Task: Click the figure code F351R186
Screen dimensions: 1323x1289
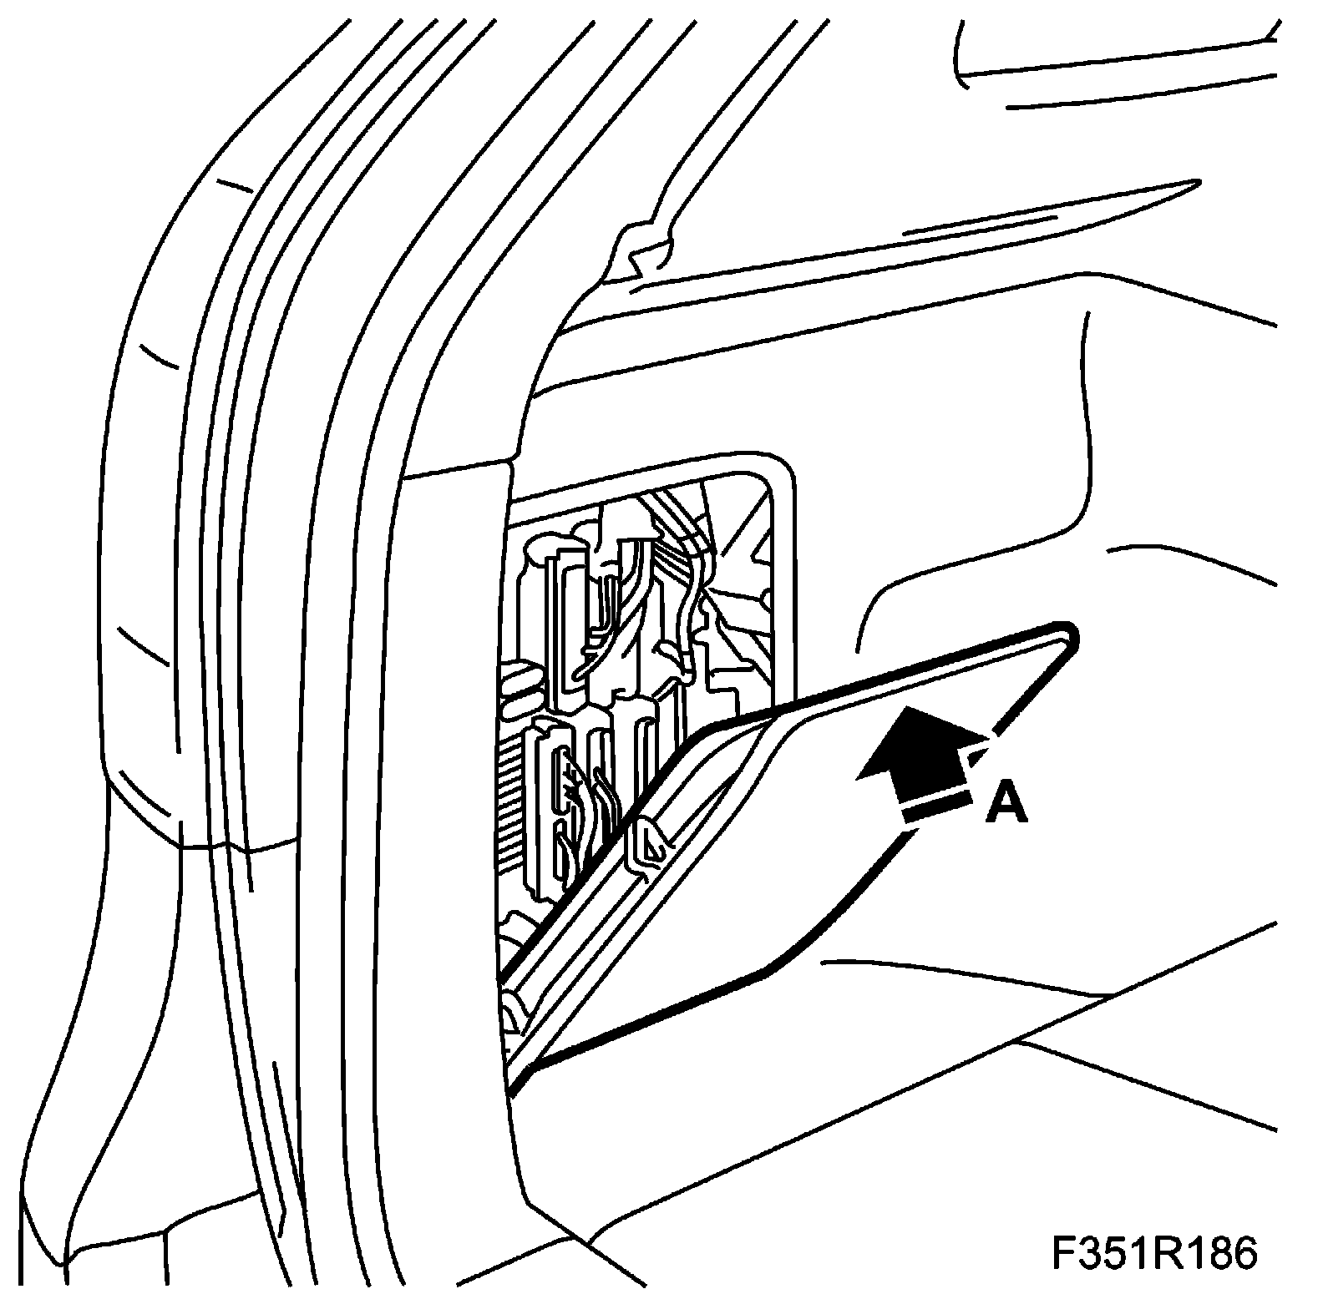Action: [x=1153, y=1253]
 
